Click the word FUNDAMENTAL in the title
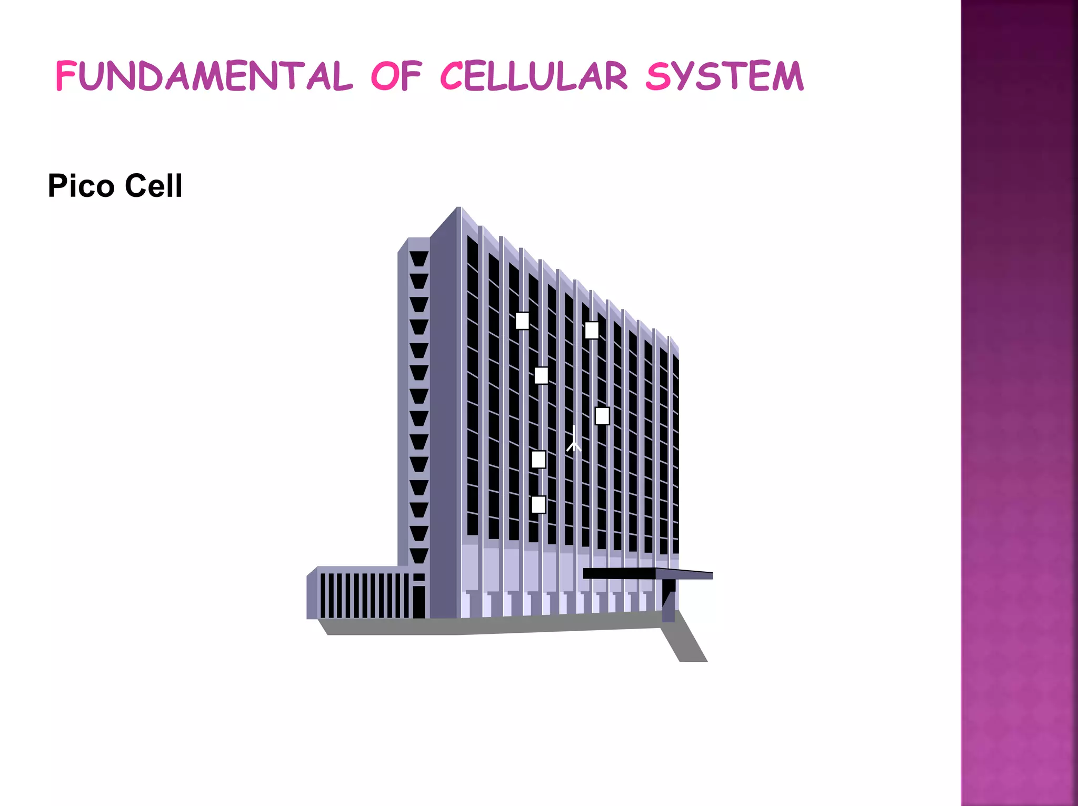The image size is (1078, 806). (x=204, y=76)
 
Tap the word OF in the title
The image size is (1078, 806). (x=396, y=76)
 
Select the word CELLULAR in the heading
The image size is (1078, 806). (x=533, y=76)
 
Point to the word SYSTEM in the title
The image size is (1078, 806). (x=725, y=76)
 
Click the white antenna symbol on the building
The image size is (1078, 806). (x=574, y=440)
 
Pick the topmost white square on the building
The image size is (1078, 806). (x=522, y=321)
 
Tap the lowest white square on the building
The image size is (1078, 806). (x=538, y=504)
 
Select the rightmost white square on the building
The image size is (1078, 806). (x=602, y=416)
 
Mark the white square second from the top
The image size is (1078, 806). (x=592, y=330)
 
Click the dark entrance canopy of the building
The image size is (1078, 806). (x=647, y=574)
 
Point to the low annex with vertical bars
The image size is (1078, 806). (x=363, y=594)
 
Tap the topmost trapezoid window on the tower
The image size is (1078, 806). (x=419, y=258)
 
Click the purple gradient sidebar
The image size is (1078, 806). (x=1019, y=403)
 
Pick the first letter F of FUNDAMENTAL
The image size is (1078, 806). (x=66, y=76)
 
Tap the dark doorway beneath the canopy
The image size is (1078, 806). (x=668, y=600)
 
